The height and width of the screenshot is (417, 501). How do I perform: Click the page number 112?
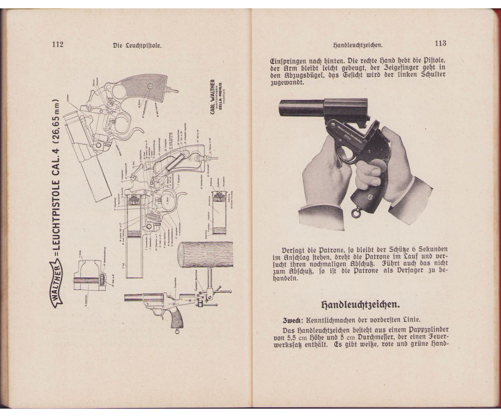58,44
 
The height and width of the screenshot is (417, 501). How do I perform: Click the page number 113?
441,43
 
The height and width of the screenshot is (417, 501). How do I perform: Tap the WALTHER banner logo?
57,281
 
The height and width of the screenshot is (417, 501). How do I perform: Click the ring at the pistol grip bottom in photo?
356,213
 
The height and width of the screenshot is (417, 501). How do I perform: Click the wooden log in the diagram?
205,254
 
